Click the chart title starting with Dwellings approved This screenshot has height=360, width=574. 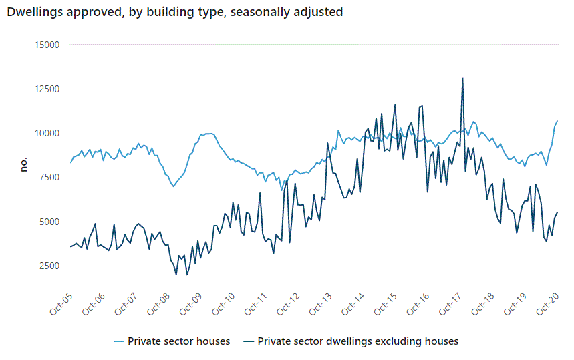(x=174, y=13)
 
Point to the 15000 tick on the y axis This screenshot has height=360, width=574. (x=47, y=45)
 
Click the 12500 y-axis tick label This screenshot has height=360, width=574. (x=47, y=89)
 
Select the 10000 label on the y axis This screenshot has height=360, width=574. (x=47, y=134)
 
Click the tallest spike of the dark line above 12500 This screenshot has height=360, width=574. (x=462, y=79)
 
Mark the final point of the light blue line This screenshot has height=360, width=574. (x=557, y=121)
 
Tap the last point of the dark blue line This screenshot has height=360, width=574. (x=557, y=212)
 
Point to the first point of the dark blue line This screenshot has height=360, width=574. (x=70, y=247)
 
